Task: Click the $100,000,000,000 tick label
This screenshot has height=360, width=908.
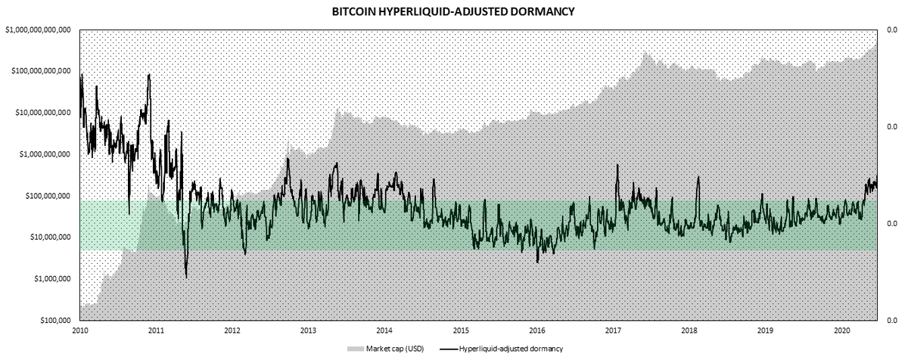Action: click(x=41, y=71)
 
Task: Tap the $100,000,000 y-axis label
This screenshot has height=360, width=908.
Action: click(x=48, y=196)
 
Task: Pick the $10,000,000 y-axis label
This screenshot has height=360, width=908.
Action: click(x=51, y=237)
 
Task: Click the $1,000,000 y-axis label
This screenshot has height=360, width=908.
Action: click(x=53, y=279)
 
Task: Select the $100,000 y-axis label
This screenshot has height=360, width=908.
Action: click(x=56, y=321)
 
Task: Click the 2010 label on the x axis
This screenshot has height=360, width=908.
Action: click(x=80, y=331)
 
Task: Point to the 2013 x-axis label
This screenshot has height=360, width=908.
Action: click(x=309, y=331)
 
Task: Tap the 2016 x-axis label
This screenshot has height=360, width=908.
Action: click(x=537, y=331)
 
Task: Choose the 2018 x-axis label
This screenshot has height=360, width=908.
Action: click(x=689, y=331)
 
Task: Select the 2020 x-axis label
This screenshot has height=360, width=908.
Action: click(x=841, y=331)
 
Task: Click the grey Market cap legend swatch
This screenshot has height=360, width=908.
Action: click(x=356, y=349)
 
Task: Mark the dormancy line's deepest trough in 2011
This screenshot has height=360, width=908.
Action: click(x=186, y=278)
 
